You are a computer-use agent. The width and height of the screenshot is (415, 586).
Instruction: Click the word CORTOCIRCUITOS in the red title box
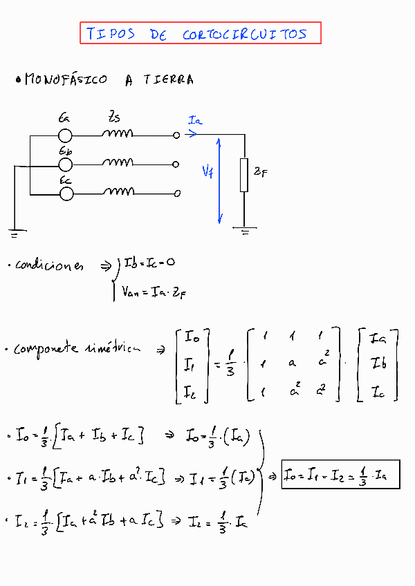[x=245, y=34]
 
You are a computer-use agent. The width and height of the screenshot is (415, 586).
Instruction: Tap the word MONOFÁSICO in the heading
[x=66, y=79]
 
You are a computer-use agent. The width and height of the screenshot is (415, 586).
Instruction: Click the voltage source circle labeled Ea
[x=66, y=135]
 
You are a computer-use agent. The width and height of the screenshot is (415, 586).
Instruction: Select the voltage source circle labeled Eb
[x=66, y=164]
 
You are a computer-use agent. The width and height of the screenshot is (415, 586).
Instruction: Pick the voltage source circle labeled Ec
[x=66, y=193]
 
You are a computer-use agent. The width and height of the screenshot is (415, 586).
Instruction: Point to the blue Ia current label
[x=195, y=121]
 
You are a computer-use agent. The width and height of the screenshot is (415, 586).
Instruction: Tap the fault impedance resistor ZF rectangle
[x=243, y=175]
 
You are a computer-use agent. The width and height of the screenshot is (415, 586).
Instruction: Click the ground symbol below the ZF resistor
[x=244, y=230]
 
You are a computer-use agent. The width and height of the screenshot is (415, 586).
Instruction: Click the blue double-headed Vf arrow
[x=220, y=180]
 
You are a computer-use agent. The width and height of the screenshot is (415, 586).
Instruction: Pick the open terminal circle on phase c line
[x=177, y=193]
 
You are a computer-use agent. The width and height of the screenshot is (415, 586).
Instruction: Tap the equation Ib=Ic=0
[x=149, y=263]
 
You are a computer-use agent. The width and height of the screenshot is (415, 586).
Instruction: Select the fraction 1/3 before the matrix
[x=231, y=365]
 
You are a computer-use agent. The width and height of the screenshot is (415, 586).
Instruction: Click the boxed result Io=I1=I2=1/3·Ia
[x=340, y=475]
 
